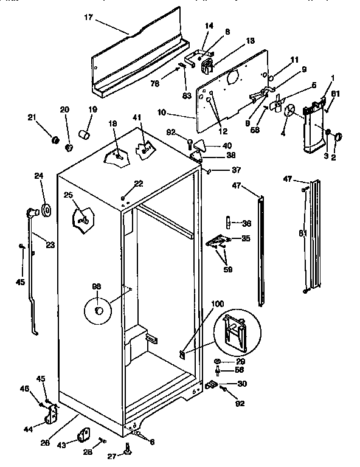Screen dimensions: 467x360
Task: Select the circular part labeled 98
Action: [98, 312]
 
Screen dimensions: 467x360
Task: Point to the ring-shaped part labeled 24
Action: [45, 210]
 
